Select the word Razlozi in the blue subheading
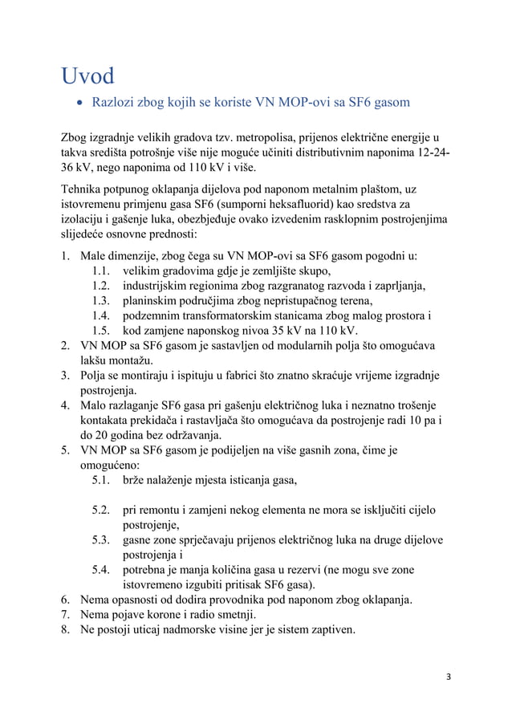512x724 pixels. point(117,104)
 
